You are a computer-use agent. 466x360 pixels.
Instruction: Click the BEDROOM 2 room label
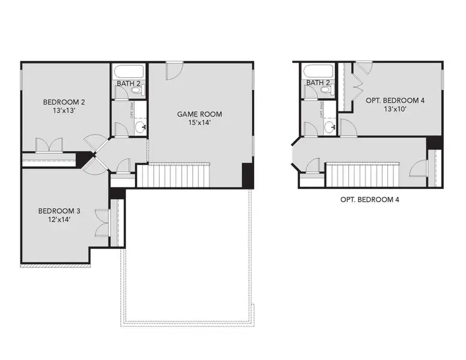pyautogui.click(x=58, y=101)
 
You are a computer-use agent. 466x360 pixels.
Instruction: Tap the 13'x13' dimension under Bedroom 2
pyautogui.click(x=58, y=111)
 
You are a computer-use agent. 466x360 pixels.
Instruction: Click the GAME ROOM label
pyautogui.click(x=199, y=113)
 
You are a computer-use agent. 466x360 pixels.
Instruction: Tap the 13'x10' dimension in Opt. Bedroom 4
pyautogui.click(x=395, y=110)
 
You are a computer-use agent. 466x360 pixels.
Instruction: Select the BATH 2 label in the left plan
pyautogui.click(x=128, y=83)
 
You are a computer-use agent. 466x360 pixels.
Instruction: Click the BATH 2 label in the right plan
pyautogui.click(x=318, y=83)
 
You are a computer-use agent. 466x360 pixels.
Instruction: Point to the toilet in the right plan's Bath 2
pyautogui.click(x=326, y=91)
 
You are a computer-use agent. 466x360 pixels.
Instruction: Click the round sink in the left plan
pyautogui.click(x=140, y=127)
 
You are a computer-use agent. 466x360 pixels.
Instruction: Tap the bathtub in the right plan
pyautogui.click(x=315, y=70)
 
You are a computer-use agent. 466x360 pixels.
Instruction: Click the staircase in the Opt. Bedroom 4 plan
pyautogui.click(x=362, y=175)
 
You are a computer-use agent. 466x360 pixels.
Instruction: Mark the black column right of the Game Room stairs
pyautogui.click(x=248, y=175)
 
